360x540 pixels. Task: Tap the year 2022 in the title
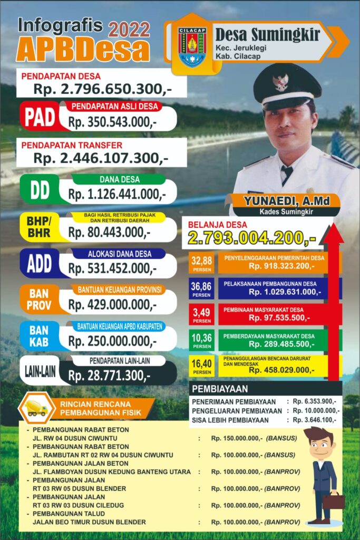pos(129,29)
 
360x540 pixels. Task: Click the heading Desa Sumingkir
pos(268,35)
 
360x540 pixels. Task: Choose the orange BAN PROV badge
pos(40,300)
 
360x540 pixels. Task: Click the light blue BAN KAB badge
pos(40,336)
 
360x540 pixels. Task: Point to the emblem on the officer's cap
pos(280,82)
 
